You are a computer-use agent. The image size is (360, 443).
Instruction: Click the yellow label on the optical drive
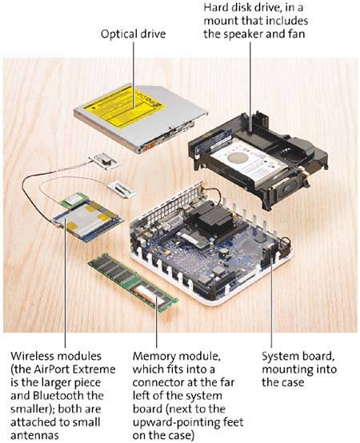tap(126, 105)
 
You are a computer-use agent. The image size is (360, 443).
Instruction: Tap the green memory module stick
tap(133, 282)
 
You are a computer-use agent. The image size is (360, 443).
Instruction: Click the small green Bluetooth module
tap(73, 199)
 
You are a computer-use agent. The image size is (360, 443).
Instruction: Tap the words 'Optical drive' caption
tap(133, 34)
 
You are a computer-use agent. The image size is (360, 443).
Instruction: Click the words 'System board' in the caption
tap(298, 357)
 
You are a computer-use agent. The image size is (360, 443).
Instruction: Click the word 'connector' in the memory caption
tap(159, 382)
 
